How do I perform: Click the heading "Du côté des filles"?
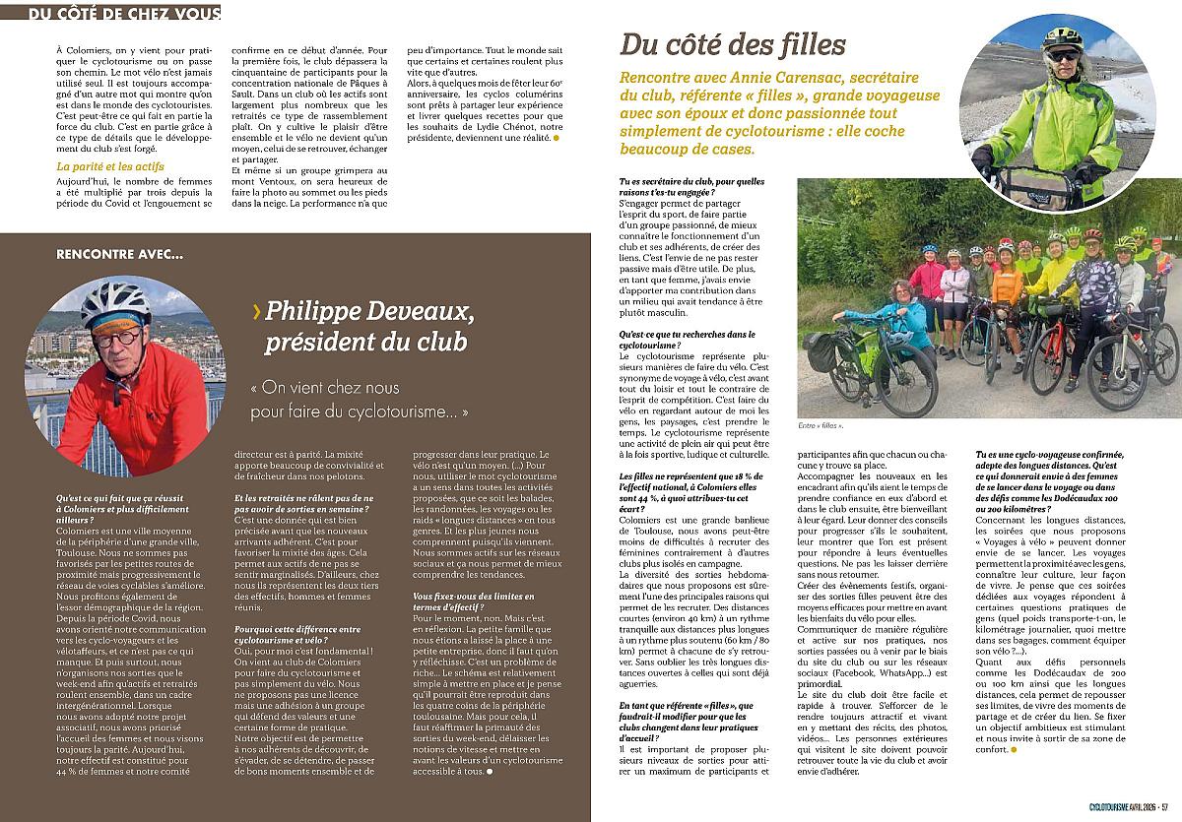(x=733, y=44)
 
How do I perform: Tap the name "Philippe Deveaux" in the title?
(x=370, y=313)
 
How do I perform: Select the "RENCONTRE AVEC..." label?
(x=119, y=254)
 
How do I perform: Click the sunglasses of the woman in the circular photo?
(x=1062, y=56)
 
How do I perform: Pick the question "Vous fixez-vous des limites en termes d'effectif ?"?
(x=473, y=603)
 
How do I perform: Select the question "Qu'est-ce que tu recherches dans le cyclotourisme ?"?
(x=680, y=341)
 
